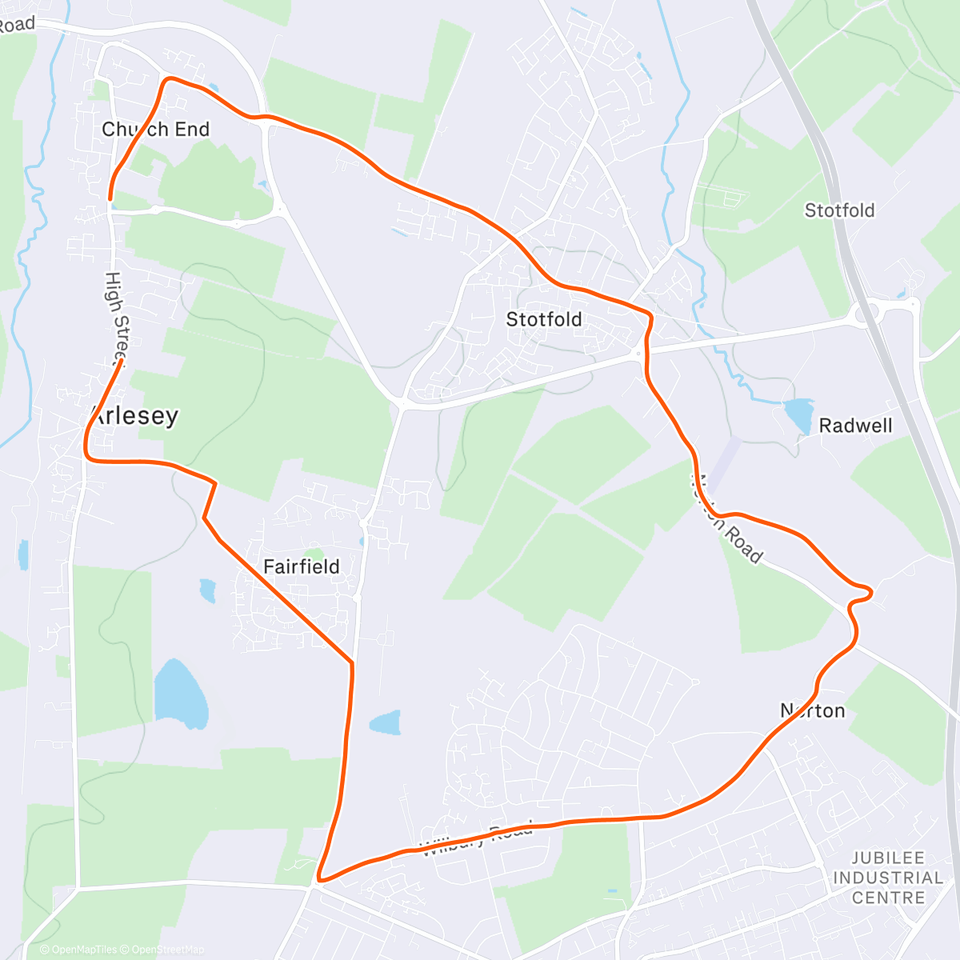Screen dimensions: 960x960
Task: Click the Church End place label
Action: click(156, 130)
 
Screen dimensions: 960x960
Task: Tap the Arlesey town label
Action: click(134, 416)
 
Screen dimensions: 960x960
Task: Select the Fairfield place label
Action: click(302, 567)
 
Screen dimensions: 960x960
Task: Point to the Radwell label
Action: click(855, 426)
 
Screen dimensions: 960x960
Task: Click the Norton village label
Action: click(813, 711)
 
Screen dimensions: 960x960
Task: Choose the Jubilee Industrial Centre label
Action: click(887, 878)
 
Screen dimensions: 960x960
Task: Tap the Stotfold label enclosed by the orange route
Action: click(544, 320)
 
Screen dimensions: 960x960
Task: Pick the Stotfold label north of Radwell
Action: click(839, 210)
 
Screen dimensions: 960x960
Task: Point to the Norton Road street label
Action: click(727, 519)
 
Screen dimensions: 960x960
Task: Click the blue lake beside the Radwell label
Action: click(798, 414)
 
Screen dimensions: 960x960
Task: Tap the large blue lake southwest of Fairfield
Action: click(180, 694)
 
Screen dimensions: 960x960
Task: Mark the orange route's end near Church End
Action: click(110, 198)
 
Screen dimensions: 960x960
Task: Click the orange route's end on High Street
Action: click(121, 362)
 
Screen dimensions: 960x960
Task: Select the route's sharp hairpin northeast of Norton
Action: click(870, 592)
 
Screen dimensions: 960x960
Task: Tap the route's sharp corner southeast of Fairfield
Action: click(351, 662)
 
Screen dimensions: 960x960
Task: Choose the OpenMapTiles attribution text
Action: click(84, 950)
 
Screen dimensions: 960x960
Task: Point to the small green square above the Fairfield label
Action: click(315, 553)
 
